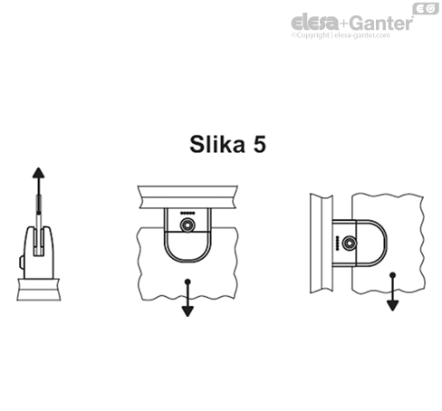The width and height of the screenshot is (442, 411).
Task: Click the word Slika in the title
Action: pos(217,144)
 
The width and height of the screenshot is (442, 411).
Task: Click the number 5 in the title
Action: pos(260,144)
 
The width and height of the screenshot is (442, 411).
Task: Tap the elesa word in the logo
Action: pos(315,22)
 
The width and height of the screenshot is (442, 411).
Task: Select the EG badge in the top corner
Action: pos(426,8)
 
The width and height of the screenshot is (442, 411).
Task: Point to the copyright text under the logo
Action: pos(341,35)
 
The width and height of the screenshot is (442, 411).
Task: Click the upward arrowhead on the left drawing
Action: pos(38,173)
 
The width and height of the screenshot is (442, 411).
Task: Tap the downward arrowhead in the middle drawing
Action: pos(187,311)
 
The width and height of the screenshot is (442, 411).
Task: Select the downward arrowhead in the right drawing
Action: pos(392,305)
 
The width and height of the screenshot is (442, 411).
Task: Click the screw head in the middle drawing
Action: pos(187,225)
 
